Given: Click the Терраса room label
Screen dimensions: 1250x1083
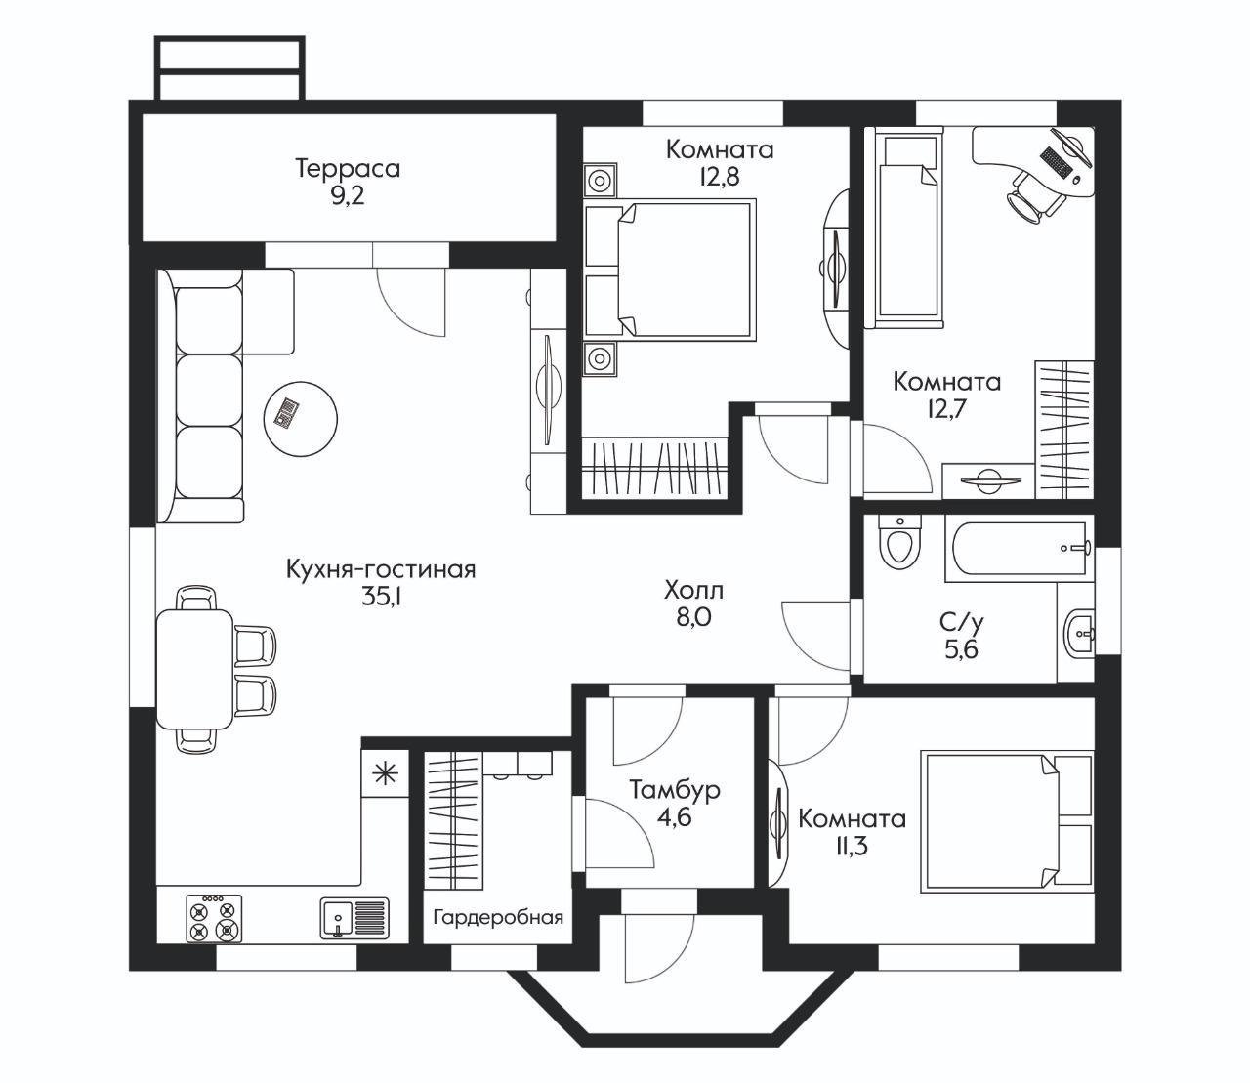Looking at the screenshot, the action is [349, 169].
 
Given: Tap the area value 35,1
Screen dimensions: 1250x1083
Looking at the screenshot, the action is [382, 598].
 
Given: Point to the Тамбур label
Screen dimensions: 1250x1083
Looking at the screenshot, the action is [675, 790].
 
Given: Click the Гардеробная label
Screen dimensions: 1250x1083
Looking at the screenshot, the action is [498, 917].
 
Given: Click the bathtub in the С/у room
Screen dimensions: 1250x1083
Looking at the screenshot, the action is [1019, 549].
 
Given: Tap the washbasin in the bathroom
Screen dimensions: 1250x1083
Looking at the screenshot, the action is [1079, 634].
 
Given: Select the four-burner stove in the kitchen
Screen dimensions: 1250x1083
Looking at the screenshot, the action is [214, 918].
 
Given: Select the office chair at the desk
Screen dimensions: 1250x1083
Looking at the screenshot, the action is [1034, 197].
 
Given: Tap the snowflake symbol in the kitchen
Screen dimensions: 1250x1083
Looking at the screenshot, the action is [385, 774].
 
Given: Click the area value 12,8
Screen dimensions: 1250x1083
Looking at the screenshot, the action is [720, 177].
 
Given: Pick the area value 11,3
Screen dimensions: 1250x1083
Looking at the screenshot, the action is [852, 846].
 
